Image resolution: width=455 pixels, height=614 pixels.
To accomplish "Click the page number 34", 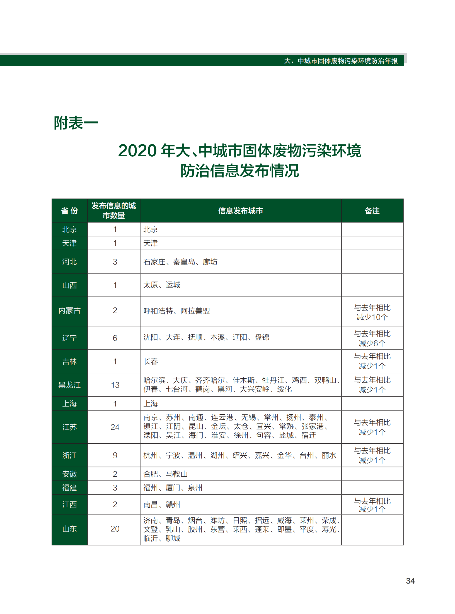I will point(410,581).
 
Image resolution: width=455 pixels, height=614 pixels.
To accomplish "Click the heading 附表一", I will point(76,123).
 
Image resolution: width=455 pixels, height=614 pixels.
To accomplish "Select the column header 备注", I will point(372,211).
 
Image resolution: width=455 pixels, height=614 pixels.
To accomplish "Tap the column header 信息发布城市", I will point(240,211).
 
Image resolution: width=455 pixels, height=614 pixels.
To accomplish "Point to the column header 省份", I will point(69,211).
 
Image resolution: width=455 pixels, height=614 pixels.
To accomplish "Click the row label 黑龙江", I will point(69,385).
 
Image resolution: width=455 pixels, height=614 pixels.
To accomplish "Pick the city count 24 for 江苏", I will point(115,427).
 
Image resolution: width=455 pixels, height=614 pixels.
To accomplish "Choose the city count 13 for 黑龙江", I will point(115,385).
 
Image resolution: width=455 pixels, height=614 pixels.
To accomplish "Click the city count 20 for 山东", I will point(115,529).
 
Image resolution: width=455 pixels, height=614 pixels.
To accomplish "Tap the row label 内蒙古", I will point(69,310).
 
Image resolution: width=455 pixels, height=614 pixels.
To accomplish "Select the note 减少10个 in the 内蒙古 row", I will point(372,317).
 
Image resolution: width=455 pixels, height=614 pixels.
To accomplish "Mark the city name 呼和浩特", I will point(158,311).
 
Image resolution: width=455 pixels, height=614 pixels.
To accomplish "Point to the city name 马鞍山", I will point(176,474).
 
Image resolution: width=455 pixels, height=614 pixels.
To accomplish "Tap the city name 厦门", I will point(173,488).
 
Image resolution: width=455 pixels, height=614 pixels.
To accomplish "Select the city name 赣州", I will point(173,505).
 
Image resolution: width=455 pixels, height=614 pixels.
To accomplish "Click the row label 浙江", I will point(69,455).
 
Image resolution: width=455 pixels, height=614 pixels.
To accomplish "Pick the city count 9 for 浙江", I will point(115,455).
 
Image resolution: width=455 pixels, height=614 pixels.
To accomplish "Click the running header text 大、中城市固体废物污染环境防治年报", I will point(341,61).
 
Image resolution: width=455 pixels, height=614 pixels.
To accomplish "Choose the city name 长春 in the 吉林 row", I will point(151,362).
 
